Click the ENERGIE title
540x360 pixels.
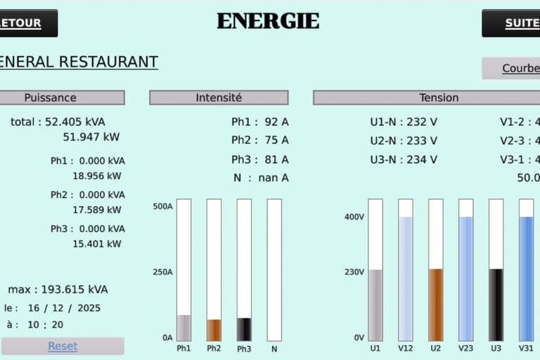tap(268, 21)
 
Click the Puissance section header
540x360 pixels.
tap(51, 98)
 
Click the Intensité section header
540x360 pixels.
tap(219, 98)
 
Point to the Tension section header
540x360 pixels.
tap(439, 98)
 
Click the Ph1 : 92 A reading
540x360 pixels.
tap(260, 122)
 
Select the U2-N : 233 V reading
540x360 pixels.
tap(404, 141)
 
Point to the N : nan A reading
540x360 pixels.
tap(261, 178)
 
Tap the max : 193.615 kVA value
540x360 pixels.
tap(58, 289)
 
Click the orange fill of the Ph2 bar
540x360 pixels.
tap(214, 330)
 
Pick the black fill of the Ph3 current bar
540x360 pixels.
tap(244, 329)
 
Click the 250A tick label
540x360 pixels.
tap(162, 272)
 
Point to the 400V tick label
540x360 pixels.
tap(354, 217)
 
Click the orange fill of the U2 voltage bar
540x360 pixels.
tap(436, 304)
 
